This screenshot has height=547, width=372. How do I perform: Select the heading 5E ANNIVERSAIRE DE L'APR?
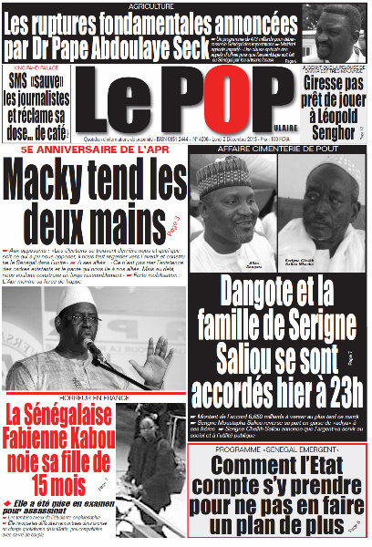coord(93,147)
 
